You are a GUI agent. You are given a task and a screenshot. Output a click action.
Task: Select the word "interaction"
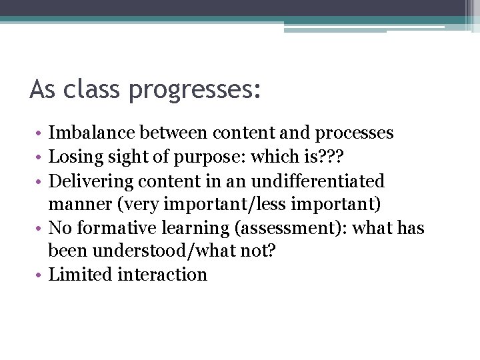click(x=162, y=274)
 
